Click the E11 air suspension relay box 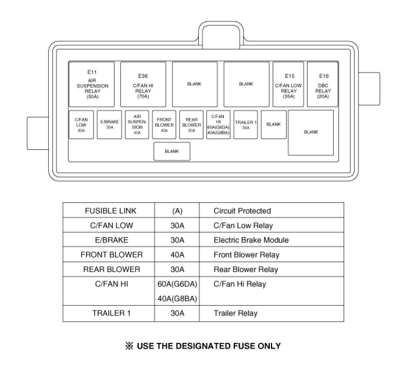click(92, 84)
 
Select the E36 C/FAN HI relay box click(143, 84)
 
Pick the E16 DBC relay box click(323, 84)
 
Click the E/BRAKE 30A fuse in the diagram click(109, 124)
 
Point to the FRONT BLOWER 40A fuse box click(164, 124)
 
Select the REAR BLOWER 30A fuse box click(191, 124)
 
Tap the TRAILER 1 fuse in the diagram click(246, 124)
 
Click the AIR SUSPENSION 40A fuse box click(137, 124)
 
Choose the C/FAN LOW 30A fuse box click(81, 124)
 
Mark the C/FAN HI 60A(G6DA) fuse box click(218, 124)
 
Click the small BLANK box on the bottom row click(172, 152)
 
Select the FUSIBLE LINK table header click(110, 211)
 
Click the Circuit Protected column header click(242, 211)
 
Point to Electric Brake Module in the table click(251, 240)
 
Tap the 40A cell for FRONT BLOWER click(177, 255)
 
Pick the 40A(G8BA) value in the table click(177, 299)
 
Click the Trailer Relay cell click(235, 313)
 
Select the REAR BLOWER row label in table click(112, 269)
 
